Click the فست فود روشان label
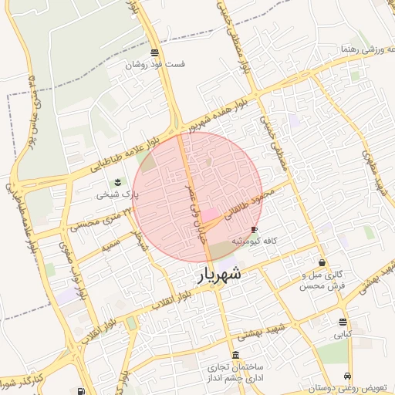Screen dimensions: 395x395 tap(157, 65)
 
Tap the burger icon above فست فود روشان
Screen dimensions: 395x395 tap(156, 52)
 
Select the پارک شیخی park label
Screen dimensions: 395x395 tap(115, 195)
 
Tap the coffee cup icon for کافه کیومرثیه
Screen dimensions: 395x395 tap(255, 229)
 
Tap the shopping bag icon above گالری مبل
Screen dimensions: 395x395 tap(322, 262)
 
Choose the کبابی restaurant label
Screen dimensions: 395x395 tap(342, 336)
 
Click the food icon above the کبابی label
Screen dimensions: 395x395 tap(343, 322)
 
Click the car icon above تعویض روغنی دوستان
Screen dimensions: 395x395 tap(346, 376)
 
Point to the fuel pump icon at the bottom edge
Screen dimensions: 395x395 tap(79, 391)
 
